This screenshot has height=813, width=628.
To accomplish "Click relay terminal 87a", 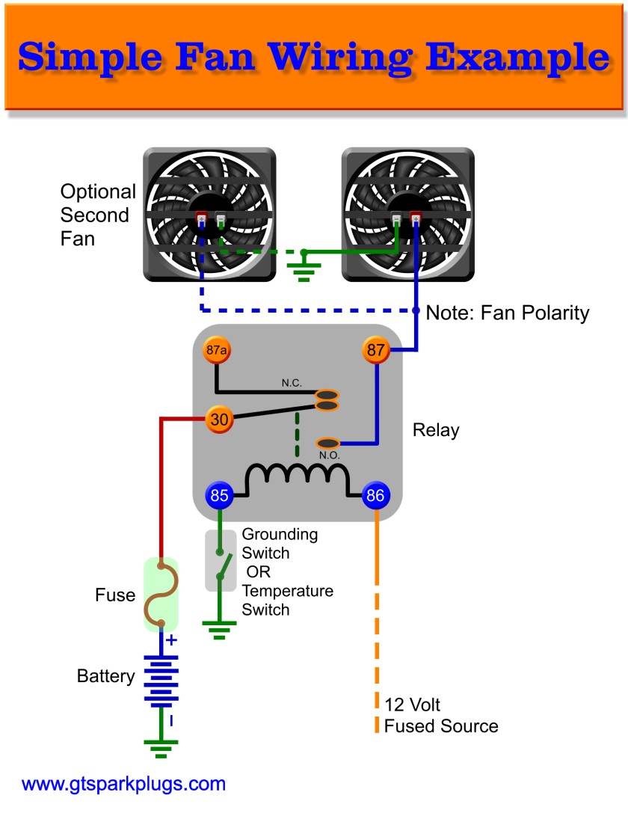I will pos(216,350).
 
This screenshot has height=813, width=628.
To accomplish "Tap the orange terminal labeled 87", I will pos(377,349).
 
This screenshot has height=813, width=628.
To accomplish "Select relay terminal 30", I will pos(219,420).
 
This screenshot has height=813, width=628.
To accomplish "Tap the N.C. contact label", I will pos(292,383).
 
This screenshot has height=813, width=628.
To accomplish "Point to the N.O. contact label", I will pos(330,455).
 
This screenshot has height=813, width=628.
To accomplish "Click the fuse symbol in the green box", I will pos(160,595).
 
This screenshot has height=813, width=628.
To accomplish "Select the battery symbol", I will pos(160,681).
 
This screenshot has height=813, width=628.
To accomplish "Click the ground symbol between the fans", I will pos(305,267).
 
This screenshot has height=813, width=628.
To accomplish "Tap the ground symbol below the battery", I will pos(160,748).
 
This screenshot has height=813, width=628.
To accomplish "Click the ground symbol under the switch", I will pos(219,633).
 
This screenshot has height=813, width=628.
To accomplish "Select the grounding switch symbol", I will pos(219,560).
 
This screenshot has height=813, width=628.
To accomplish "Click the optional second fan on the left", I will pos(209,215).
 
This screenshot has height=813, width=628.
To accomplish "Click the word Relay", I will pos(435,431).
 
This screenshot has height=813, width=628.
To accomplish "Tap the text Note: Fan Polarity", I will pos(507,313).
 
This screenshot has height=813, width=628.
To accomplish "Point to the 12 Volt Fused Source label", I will pos(440,715).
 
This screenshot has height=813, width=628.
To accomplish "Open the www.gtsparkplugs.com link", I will pos(123,785).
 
